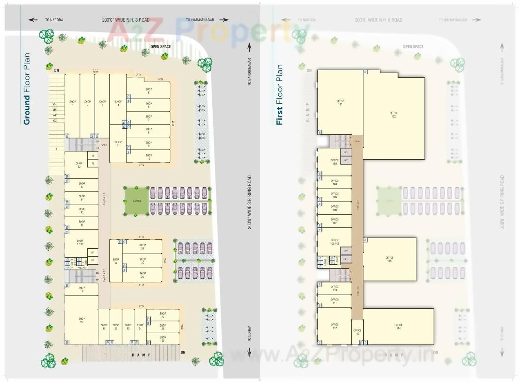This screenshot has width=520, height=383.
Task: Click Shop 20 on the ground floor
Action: (82, 321)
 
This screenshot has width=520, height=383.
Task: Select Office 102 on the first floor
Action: (393, 115)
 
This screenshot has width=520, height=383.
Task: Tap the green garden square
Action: (136, 201)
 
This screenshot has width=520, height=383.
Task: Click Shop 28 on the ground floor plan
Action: (116, 261)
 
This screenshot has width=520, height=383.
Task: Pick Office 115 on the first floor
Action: (389, 259)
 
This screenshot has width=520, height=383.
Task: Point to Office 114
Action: (398, 327)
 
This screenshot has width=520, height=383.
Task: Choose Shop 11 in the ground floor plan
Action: (118, 144)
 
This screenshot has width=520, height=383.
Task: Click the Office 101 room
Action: (340, 102)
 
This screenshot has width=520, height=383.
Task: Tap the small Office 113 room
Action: (357, 332)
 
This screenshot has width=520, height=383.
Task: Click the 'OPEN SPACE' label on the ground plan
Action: (160, 47)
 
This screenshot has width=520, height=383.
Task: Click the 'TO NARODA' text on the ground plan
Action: (54, 20)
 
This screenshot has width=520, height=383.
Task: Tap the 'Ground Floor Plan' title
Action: (27, 89)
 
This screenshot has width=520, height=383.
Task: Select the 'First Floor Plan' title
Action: (280, 94)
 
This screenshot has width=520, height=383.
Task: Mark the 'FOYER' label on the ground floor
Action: (104, 145)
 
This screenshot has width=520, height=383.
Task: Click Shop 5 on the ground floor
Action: (149, 91)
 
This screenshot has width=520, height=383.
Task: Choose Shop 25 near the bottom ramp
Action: (162, 339)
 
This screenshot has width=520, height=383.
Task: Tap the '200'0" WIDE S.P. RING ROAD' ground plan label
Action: (249, 202)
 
